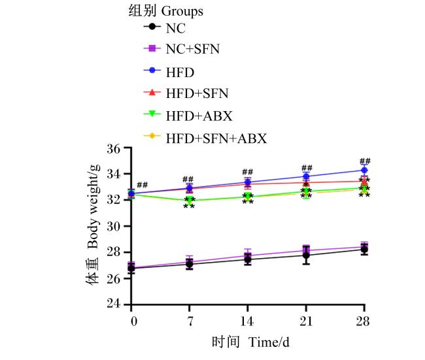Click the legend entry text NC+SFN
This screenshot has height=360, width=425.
click(x=193, y=49)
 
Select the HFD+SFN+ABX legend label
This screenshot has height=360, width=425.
click(x=216, y=139)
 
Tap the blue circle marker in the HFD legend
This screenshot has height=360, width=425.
click(x=152, y=70)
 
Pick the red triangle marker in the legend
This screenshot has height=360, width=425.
click(x=152, y=92)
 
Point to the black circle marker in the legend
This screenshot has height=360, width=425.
click(x=152, y=27)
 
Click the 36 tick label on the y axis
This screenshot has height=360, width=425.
click(x=114, y=148)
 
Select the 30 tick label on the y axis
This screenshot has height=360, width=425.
click(x=114, y=226)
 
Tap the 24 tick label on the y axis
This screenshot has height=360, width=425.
click(x=114, y=304)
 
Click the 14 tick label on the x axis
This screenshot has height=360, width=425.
click(x=247, y=321)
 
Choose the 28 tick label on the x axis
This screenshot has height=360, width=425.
click(x=363, y=321)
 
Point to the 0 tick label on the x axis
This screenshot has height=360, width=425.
click(x=134, y=321)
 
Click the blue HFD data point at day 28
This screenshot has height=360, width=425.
click(x=365, y=170)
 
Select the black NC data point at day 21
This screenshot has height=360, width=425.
click(x=306, y=255)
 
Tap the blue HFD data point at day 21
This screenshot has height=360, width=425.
click(x=306, y=176)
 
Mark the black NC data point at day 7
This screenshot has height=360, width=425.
click(x=190, y=264)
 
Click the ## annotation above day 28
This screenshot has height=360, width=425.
click(x=365, y=161)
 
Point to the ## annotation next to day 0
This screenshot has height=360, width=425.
click(x=143, y=185)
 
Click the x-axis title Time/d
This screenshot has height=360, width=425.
click(x=269, y=342)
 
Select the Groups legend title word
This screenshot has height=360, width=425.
click(x=182, y=12)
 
